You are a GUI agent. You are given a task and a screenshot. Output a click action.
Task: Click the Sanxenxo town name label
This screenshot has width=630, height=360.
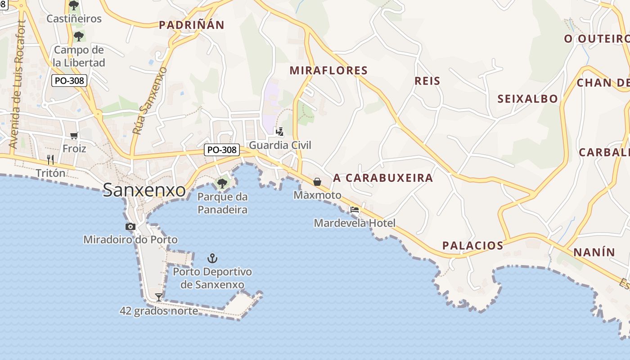pos(144,190)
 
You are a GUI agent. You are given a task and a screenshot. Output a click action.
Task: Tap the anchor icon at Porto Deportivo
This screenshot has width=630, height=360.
pos(212,258)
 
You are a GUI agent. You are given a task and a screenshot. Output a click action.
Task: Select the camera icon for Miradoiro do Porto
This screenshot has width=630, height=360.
pos(130,226)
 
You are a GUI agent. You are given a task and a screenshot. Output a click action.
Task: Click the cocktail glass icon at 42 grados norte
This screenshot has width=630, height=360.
pos(158,297)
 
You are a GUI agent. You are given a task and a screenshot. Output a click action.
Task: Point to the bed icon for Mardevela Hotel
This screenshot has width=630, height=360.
pos(355,209)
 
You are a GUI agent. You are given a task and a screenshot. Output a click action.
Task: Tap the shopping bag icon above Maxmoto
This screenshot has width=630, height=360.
pos(317,182)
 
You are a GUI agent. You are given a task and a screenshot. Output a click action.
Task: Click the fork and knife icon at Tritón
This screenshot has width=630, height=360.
pos(50,159)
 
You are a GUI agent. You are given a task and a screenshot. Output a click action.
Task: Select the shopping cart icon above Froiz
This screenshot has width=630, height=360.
pos(74,135)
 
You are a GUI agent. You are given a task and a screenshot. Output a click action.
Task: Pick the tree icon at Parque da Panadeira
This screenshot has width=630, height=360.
pos(222,183)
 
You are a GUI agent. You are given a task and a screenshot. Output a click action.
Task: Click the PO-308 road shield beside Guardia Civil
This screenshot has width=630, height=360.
pos(221,150)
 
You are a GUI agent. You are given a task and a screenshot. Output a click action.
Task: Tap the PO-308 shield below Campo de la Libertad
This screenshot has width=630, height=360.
pos(69,81)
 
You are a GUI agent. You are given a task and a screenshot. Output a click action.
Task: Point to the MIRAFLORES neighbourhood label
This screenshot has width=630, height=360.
pos(328,71)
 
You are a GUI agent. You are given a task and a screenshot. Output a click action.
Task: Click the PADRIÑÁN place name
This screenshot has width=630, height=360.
pos(191,25)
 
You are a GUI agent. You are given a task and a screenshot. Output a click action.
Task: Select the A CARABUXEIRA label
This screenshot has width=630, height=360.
pos(383,178)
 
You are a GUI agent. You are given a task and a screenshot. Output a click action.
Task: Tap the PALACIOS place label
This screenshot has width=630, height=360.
pos(472,246)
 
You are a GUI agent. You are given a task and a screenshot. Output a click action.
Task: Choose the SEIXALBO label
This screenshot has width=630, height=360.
pos(527,99)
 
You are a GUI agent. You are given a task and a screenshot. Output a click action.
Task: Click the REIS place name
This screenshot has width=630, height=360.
pos(427,81)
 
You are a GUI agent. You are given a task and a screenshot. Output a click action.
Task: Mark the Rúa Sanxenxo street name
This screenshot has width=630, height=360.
pos(150,101)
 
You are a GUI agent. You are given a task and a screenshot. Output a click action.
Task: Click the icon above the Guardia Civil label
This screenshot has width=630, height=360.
pos(280,132)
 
